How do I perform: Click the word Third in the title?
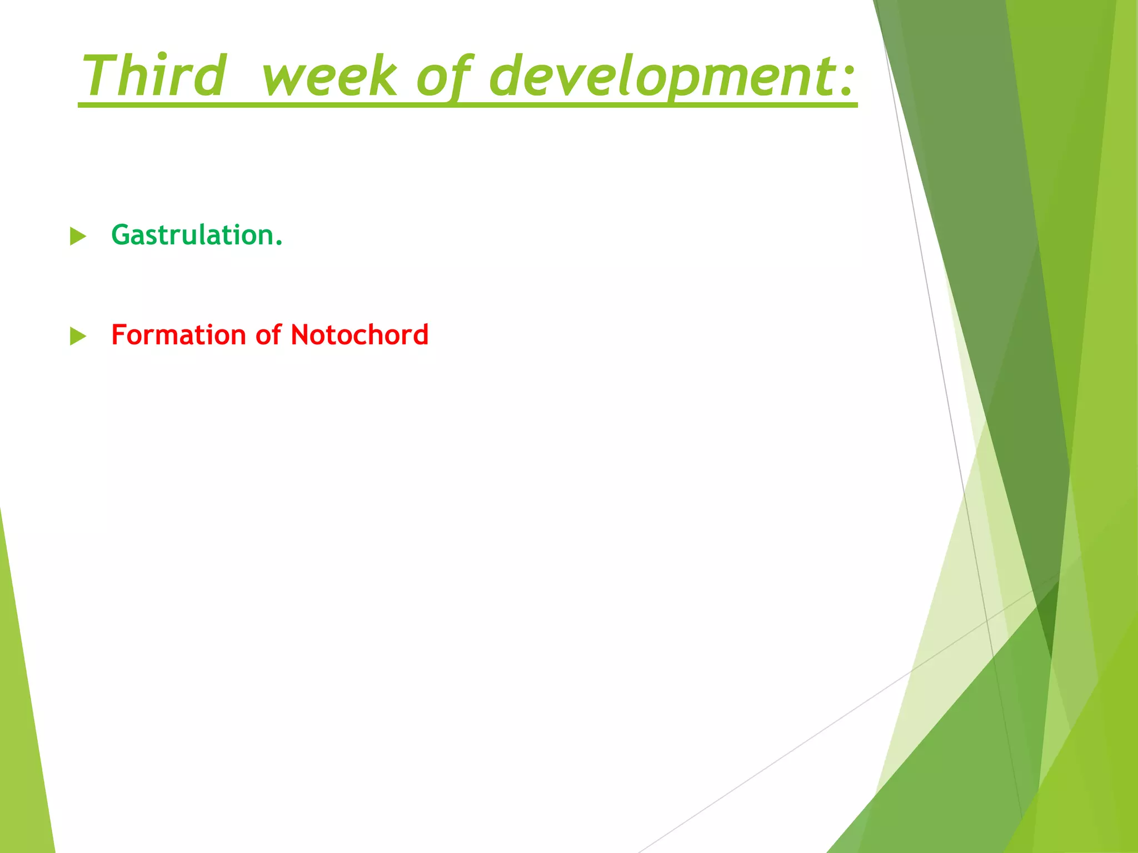point(154,76)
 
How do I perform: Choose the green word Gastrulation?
point(193,235)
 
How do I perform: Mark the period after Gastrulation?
point(279,243)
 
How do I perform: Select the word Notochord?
point(360,335)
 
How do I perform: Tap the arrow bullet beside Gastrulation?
point(78,237)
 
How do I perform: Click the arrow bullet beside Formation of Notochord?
point(78,337)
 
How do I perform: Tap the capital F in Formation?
point(118,335)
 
